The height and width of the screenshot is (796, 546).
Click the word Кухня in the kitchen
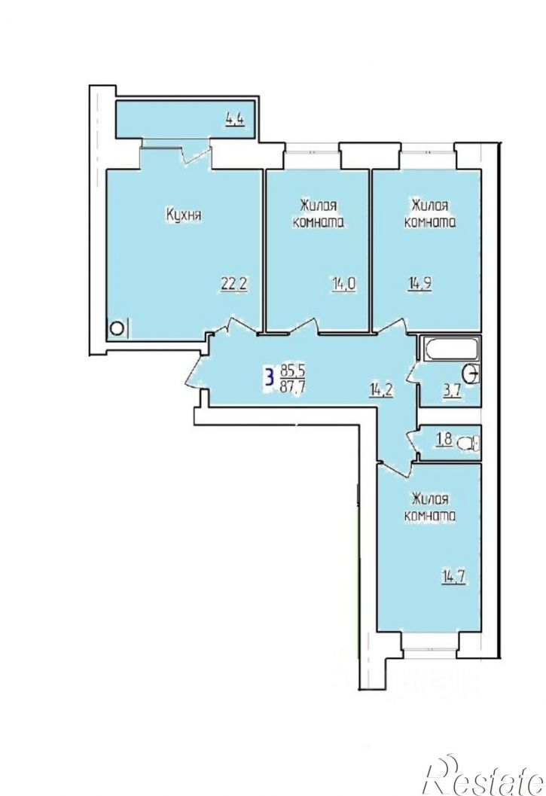(x=184, y=215)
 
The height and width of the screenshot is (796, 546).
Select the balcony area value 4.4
(x=236, y=120)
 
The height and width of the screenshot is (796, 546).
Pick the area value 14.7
(x=453, y=577)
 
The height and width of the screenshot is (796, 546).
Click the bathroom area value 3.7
(x=452, y=391)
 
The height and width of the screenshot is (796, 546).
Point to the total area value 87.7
(x=292, y=386)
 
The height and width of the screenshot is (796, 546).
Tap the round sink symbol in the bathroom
(x=471, y=374)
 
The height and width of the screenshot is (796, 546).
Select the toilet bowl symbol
(x=468, y=444)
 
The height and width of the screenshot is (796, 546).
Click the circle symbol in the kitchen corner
(x=116, y=328)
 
